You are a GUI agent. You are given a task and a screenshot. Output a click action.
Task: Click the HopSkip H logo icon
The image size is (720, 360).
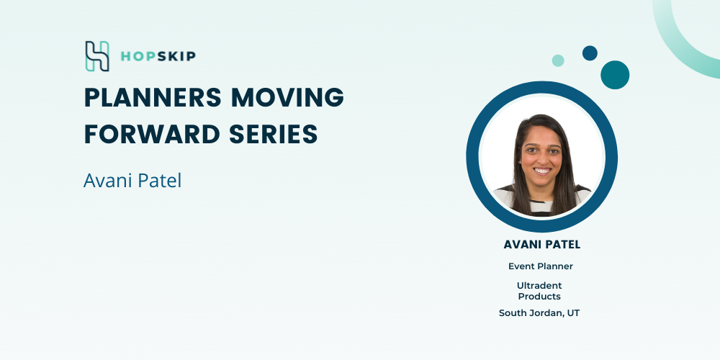click(x=97, y=56)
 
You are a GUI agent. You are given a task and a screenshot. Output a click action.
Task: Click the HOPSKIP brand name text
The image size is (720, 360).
click(x=158, y=56)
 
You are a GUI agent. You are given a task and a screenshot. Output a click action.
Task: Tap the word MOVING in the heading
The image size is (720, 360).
click(x=287, y=97)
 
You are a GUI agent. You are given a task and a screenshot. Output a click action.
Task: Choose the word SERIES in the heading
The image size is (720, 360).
click(x=273, y=134)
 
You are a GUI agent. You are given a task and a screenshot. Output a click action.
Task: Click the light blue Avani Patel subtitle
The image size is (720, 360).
click(x=132, y=181)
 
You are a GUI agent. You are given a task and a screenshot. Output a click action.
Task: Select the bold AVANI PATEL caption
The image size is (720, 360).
click(x=542, y=245)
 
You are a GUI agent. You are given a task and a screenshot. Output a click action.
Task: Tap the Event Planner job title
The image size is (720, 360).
click(x=541, y=266)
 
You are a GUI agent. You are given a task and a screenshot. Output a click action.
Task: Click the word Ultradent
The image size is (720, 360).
click(x=539, y=286)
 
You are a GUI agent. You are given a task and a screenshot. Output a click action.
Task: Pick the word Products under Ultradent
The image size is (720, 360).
click(x=539, y=297)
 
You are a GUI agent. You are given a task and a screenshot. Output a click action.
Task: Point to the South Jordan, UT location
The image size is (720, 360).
click(x=539, y=313)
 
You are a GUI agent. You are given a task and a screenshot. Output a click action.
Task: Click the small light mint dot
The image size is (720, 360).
click(x=558, y=60)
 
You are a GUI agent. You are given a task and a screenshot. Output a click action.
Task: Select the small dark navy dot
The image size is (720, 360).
click(x=590, y=53)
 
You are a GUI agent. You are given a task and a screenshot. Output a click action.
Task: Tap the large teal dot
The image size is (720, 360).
click(x=615, y=75)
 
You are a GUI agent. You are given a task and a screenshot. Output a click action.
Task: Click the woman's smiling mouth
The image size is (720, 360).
click(x=542, y=171)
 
